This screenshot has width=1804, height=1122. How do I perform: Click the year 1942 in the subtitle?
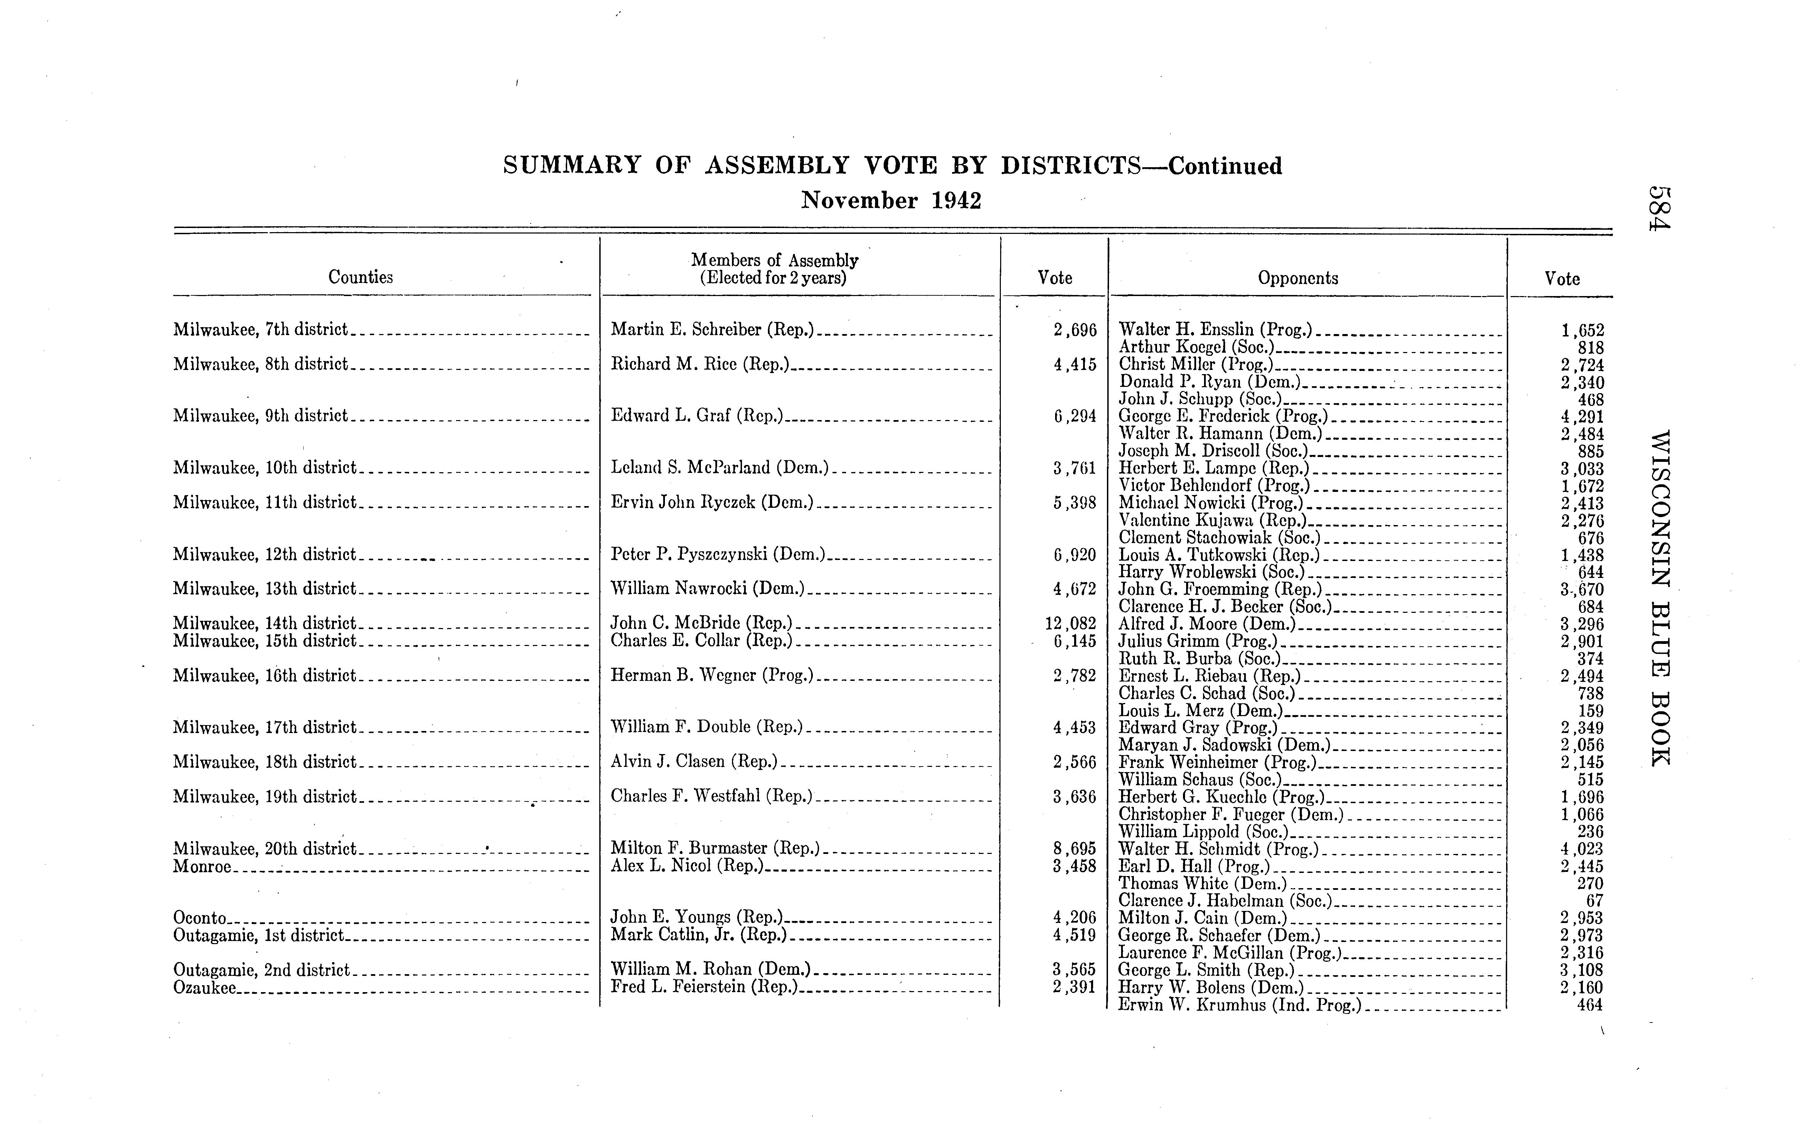pos(956,201)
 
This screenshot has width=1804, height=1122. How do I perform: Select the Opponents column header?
pos(1298,278)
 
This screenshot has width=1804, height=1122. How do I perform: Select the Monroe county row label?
pos(202,866)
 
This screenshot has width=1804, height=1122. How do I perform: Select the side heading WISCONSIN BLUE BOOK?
pos(1660,597)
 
